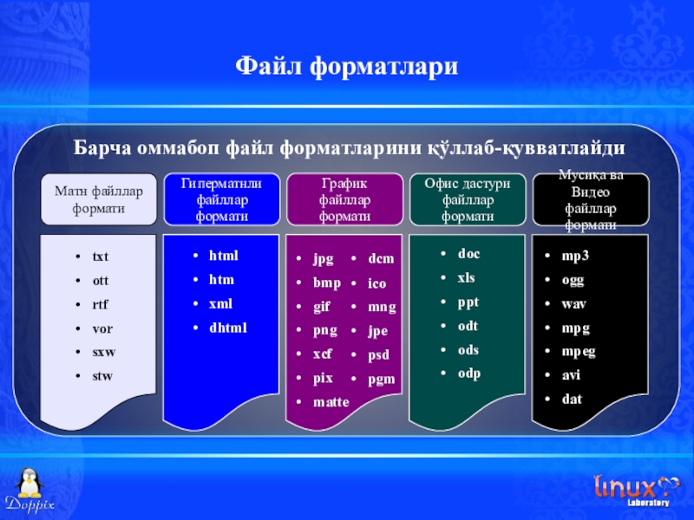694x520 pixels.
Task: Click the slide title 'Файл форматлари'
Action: [346, 67]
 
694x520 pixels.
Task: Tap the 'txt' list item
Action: [101, 257]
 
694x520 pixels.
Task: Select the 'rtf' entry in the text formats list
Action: [100, 304]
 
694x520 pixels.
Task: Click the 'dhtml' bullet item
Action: [228, 328]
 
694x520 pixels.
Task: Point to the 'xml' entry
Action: [220, 303]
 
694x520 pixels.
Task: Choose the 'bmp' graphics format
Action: [327, 283]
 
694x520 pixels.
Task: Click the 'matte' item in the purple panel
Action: [331, 402]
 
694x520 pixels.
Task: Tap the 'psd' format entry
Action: [378, 355]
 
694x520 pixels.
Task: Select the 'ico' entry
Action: [376, 283]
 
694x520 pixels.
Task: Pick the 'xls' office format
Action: [466, 277]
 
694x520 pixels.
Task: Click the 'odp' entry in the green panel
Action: [469, 374]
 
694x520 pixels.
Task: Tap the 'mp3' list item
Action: [575, 256]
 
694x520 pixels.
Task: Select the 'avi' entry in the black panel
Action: [571, 375]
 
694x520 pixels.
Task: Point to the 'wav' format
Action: [573, 304]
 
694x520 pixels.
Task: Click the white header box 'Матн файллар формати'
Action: [99, 199]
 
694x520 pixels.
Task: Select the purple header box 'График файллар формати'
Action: [344, 199]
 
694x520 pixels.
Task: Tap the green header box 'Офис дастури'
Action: [468, 199]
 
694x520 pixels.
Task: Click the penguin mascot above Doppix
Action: [29, 484]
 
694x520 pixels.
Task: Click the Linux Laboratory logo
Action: [636, 490]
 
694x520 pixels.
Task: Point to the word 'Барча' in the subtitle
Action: [102, 147]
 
